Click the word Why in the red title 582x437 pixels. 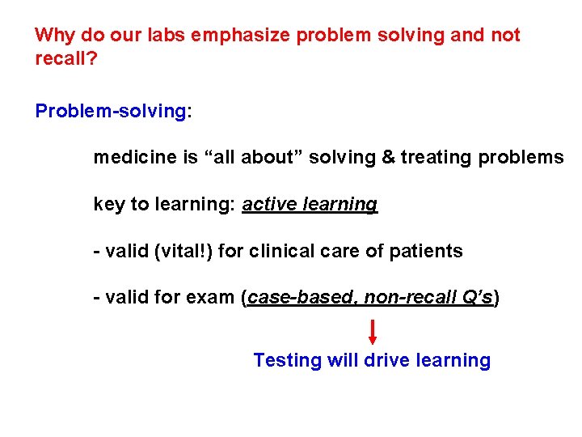[x=55, y=36]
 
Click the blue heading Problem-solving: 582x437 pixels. [x=113, y=111]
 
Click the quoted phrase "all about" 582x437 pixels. [x=260, y=158]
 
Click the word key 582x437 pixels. [x=109, y=205]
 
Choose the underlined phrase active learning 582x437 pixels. [x=310, y=205]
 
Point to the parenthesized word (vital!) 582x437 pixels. [x=185, y=252]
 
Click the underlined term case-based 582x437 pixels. [x=302, y=299]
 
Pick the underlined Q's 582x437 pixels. [x=475, y=299]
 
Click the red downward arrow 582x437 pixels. [x=373, y=332]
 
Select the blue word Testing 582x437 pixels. [x=288, y=361]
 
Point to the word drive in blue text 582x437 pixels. [x=386, y=361]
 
